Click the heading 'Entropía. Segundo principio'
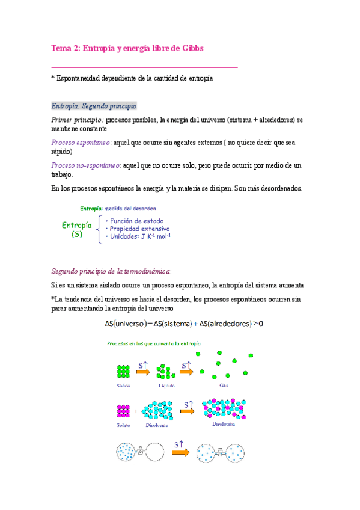(94, 106)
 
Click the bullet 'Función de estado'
(136, 221)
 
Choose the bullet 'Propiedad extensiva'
(139, 229)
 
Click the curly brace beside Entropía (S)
(99, 229)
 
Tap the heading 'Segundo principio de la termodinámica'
(112, 271)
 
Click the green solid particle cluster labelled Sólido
(124, 371)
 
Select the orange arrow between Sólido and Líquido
(143, 371)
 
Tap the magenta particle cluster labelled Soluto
(124, 412)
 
